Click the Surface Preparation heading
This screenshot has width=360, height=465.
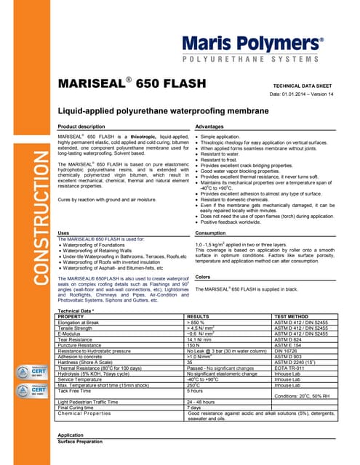(x=87, y=441)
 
